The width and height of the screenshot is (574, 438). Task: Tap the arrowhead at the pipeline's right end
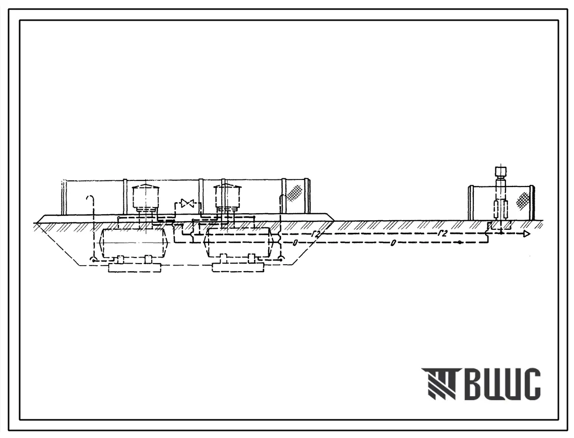coord(527,234)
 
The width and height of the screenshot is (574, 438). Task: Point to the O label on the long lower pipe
coord(393,243)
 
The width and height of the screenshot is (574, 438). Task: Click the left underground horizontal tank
coord(134,242)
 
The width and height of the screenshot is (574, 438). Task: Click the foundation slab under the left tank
coord(135,267)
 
